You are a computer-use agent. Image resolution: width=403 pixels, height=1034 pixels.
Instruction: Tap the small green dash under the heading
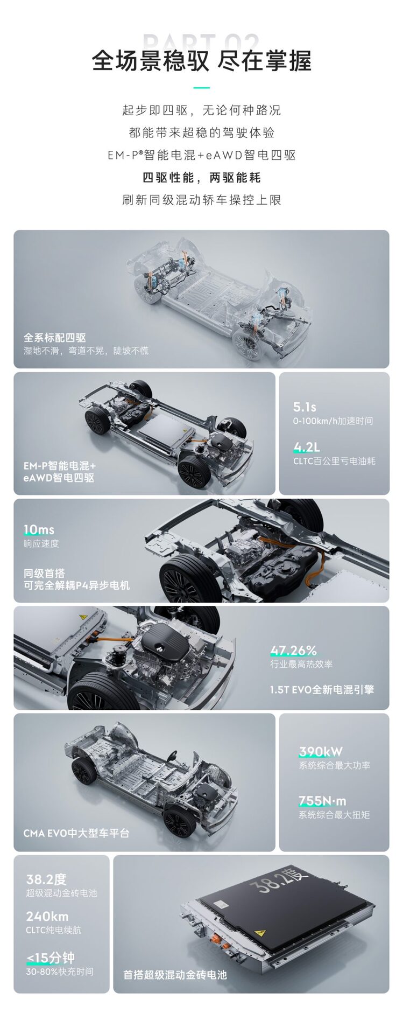[x=201, y=88]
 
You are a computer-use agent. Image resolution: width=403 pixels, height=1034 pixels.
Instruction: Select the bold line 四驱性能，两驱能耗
[x=201, y=178]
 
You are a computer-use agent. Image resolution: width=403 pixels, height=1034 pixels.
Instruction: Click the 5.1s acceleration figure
[x=305, y=407]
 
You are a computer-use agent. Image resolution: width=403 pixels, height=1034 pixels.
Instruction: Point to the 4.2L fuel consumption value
[x=306, y=447]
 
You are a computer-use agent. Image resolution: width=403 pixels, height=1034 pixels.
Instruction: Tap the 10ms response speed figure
[x=39, y=530]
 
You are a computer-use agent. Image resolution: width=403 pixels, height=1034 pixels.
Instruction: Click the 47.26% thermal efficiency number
[x=293, y=651]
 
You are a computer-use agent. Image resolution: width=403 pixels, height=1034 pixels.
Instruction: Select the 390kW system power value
[x=321, y=751]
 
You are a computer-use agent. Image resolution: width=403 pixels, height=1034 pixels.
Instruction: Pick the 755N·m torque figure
[x=322, y=801]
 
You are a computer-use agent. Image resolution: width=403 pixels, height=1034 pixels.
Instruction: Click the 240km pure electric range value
[x=47, y=916]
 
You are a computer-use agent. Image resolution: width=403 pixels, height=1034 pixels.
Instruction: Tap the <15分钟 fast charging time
[x=50, y=958]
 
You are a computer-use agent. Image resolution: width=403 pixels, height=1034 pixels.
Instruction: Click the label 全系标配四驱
[x=54, y=338]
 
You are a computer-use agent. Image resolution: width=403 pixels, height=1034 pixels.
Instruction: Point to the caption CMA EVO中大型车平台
[x=76, y=833]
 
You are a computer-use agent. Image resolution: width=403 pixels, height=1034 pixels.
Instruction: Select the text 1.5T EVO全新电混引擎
[x=322, y=689]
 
